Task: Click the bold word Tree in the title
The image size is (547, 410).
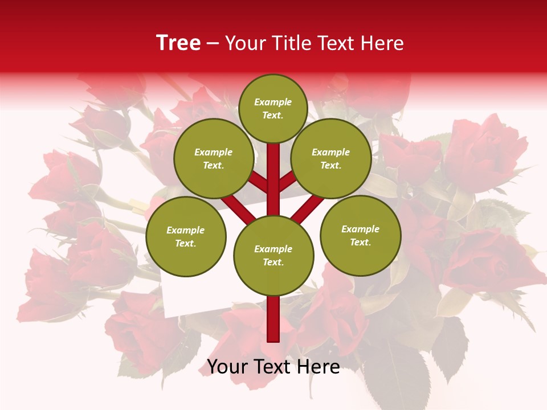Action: point(178,43)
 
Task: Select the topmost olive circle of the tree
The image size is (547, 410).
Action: point(273,109)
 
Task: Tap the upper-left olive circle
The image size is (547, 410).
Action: point(213,159)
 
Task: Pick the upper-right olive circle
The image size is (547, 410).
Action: point(331,159)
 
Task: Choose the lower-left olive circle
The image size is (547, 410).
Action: point(185,237)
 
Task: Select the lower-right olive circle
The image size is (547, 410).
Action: point(360,236)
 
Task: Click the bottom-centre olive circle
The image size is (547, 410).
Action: point(273,256)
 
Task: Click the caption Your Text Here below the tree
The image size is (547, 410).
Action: point(273,367)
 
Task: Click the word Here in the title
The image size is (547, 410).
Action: point(383,43)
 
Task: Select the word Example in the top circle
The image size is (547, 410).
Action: point(273,102)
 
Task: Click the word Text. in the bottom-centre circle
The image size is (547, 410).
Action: point(273,263)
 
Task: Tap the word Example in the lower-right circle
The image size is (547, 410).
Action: point(360,229)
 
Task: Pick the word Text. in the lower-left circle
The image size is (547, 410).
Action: point(185,244)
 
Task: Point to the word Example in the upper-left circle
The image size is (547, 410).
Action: point(213,152)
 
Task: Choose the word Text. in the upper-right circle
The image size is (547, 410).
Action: point(331,166)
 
